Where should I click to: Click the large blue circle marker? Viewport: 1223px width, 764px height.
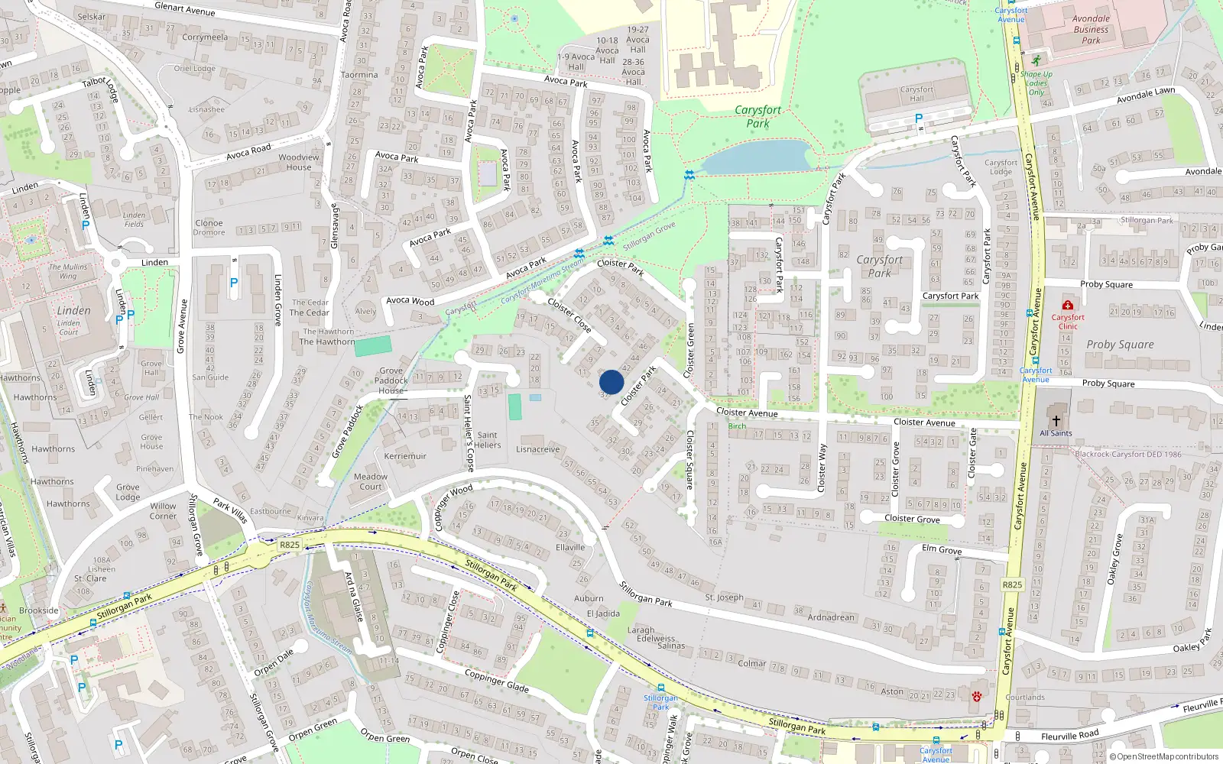click(x=611, y=382)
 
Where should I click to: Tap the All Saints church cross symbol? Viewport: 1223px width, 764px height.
click(x=1056, y=421)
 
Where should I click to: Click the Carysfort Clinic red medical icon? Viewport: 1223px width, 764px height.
click(x=1068, y=306)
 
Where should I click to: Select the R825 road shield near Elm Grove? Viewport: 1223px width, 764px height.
click(x=1012, y=584)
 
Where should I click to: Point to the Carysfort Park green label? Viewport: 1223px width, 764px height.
click(x=757, y=116)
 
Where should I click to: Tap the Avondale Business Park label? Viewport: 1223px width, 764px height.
click(x=1091, y=30)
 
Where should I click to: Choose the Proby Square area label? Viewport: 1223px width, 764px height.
click(x=1120, y=345)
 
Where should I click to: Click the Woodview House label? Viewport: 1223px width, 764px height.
click(x=299, y=162)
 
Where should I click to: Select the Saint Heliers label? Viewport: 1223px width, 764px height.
click(x=488, y=440)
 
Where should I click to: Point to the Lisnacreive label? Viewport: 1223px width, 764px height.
click(x=538, y=449)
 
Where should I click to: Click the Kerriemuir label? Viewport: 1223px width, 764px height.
click(x=405, y=456)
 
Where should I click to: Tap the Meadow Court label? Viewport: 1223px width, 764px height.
click(x=371, y=481)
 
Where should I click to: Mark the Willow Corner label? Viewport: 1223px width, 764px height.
click(x=163, y=510)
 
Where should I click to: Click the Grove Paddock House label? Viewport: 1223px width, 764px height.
click(x=391, y=380)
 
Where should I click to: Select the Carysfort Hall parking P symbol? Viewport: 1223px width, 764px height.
click(x=919, y=118)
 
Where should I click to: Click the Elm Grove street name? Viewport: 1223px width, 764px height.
click(x=942, y=549)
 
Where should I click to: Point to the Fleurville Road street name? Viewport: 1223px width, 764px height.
click(x=1069, y=736)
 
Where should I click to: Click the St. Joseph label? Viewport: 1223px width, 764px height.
click(x=724, y=597)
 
